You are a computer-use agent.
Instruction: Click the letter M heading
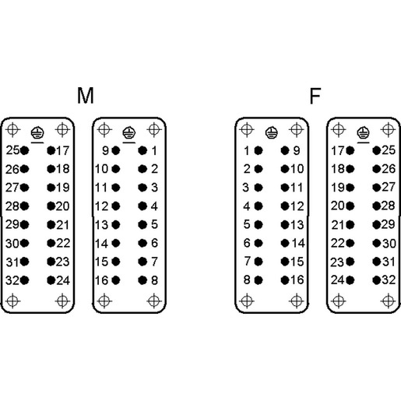tap(86, 96)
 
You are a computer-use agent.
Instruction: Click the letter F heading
tap(315, 96)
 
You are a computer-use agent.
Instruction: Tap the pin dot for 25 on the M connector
tap(24, 150)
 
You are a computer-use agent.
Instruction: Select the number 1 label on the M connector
tap(154, 151)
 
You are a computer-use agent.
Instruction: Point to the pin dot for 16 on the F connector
tap(285, 280)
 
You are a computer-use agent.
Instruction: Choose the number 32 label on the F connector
tap(389, 280)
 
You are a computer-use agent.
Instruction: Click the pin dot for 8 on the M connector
tap(142, 280)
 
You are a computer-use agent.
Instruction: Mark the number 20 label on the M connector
tap(62, 206)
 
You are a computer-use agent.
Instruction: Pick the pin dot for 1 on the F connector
tap(259, 150)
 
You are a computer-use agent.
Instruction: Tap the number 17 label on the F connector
tap(338, 151)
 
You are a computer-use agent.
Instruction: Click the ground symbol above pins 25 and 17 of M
tap(37, 133)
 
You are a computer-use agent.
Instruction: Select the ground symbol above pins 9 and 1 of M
tap(129, 133)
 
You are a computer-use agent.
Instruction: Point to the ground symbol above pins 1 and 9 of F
tap(272, 133)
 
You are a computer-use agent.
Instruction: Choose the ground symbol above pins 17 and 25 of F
tap(363, 133)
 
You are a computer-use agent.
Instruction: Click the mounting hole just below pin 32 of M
tap(12, 301)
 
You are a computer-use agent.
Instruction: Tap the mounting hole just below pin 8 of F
tap(247, 301)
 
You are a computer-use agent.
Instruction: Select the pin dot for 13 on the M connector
tap(116, 225)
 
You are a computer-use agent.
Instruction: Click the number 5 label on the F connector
tap(247, 224)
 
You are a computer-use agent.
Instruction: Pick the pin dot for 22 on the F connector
tap(350, 243)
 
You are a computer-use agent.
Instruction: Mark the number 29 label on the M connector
tap(12, 224)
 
